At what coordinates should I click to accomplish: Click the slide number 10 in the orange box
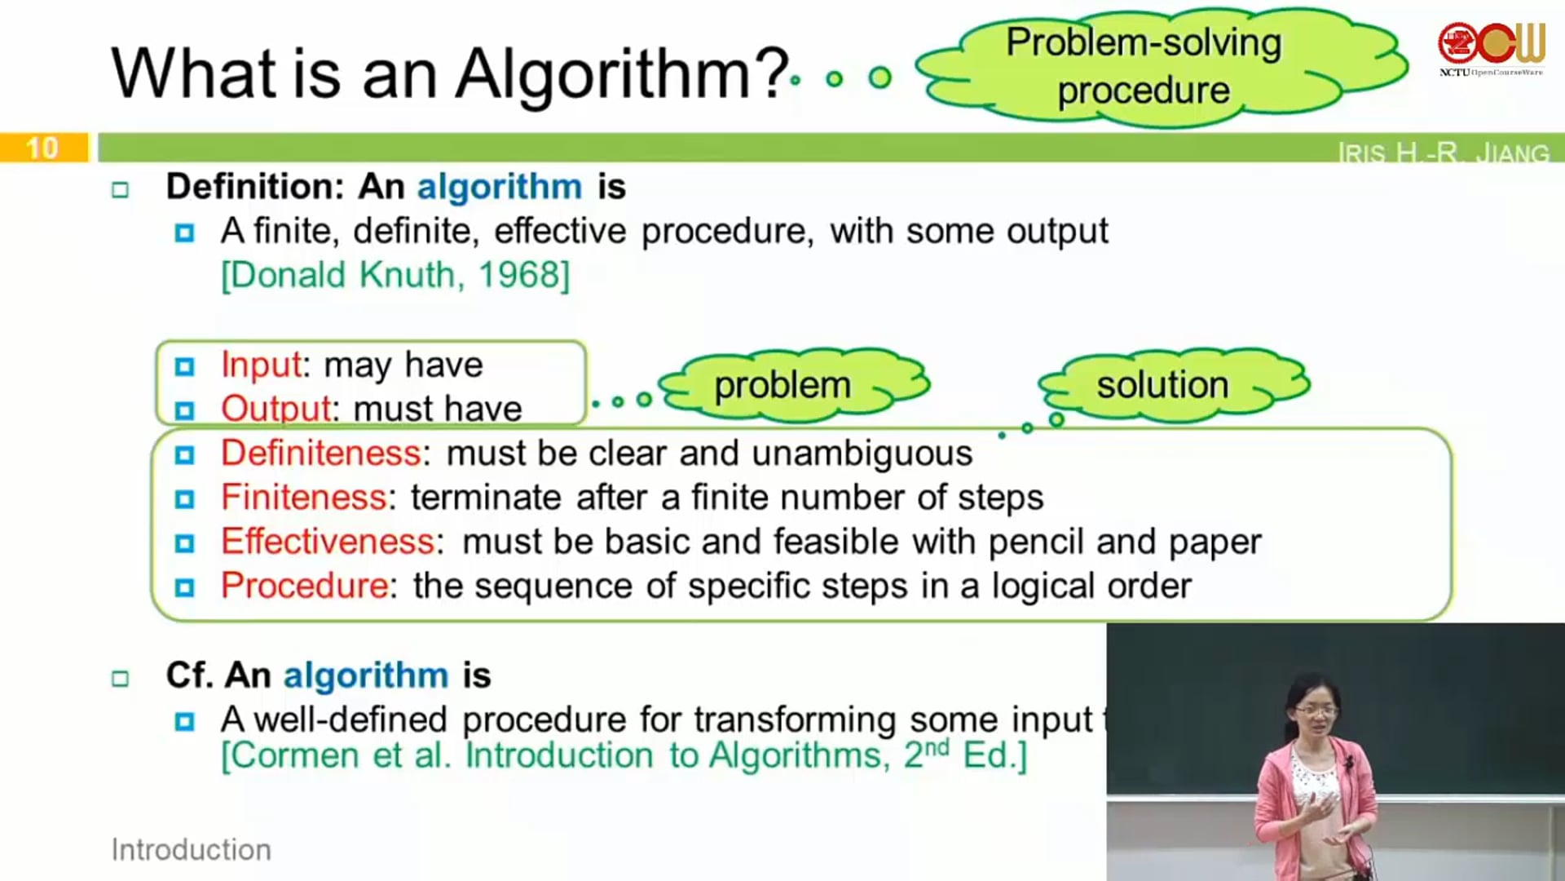[42, 148]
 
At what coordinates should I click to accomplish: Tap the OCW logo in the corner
[1491, 48]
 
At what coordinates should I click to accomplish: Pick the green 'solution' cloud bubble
[1174, 385]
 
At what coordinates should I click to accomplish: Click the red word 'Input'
[261, 365]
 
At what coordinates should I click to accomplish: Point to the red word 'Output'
[276, 408]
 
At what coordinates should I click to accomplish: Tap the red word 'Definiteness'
[321, 453]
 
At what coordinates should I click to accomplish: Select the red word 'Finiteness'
[303, 497]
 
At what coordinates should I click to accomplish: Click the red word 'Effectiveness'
[328, 541]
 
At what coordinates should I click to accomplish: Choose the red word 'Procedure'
[305, 585]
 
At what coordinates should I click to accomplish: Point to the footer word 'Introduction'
[192, 850]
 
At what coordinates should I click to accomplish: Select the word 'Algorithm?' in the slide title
[622, 73]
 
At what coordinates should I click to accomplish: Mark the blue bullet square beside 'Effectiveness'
[185, 543]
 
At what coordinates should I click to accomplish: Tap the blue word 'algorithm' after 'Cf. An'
[366, 675]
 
